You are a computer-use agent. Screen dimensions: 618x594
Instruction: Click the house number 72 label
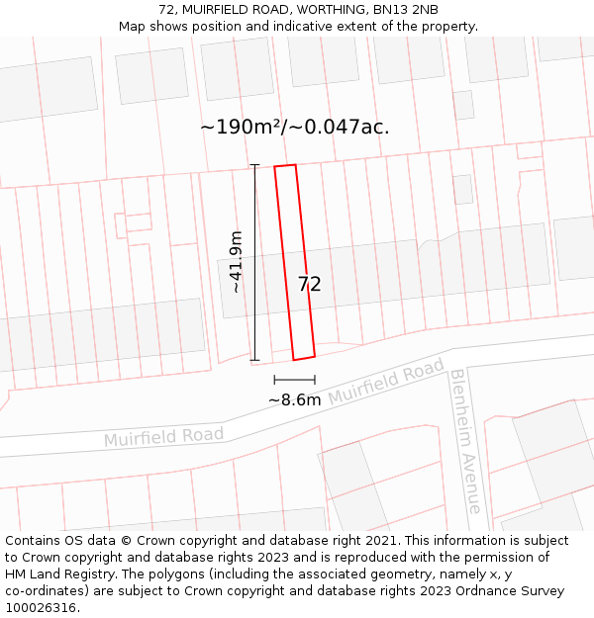(x=309, y=285)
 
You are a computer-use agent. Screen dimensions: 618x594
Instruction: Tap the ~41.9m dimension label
(x=236, y=262)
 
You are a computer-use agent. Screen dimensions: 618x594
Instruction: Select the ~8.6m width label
(x=294, y=400)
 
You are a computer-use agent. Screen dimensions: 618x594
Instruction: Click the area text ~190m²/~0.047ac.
(x=294, y=128)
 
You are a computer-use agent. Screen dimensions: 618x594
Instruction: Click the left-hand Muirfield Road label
(x=163, y=436)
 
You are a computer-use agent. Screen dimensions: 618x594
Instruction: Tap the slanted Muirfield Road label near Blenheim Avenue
(x=386, y=382)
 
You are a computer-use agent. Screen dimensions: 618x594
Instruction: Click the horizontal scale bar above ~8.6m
(x=294, y=380)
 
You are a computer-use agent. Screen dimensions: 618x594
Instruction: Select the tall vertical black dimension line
(x=254, y=262)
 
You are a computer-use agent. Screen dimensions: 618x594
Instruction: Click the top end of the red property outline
(x=285, y=166)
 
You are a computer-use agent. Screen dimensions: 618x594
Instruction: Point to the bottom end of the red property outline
(x=304, y=358)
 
